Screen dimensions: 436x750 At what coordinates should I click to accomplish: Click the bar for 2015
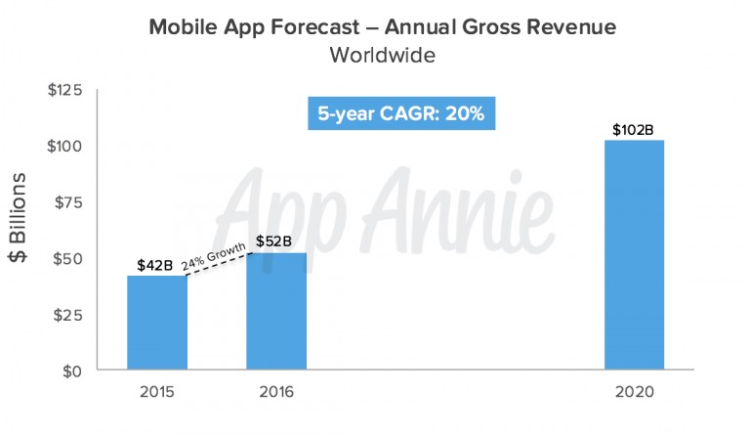click(x=157, y=323)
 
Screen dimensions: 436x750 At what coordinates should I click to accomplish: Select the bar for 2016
click(x=276, y=312)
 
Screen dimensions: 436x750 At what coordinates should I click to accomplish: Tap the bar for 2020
click(x=634, y=255)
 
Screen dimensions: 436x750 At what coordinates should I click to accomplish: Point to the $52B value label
click(x=274, y=241)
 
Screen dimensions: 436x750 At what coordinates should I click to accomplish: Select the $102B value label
click(x=633, y=128)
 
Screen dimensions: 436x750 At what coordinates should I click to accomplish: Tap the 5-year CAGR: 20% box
click(x=402, y=112)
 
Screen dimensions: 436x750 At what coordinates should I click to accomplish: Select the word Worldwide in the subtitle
click(x=382, y=55)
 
